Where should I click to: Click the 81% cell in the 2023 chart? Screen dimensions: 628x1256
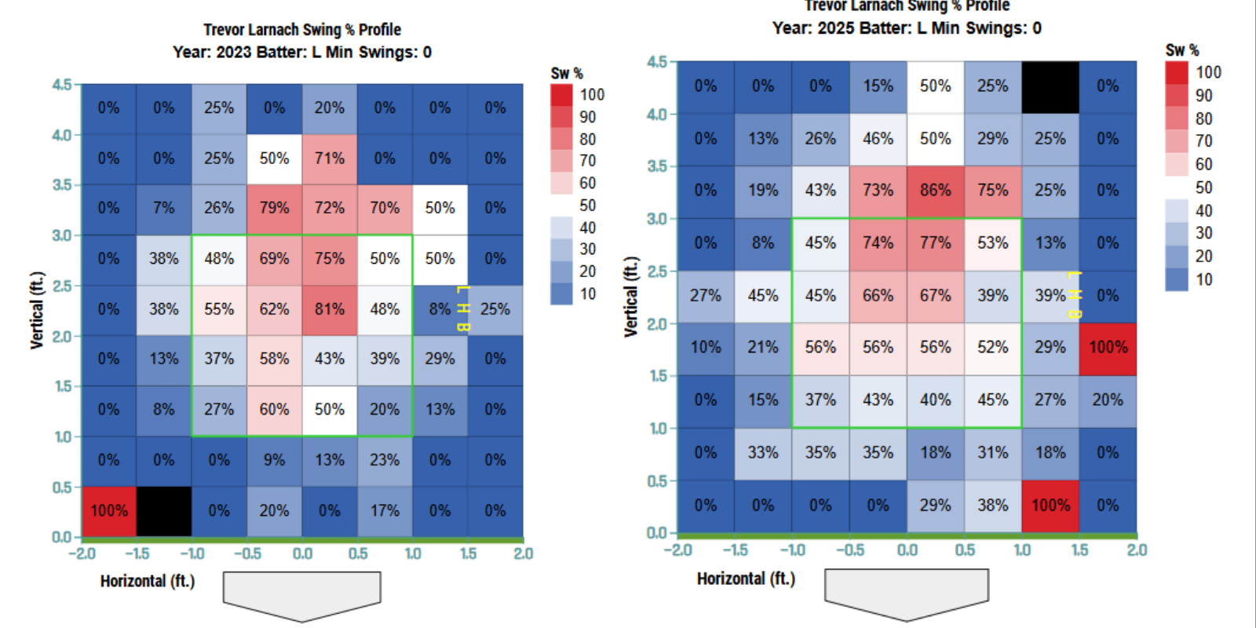point(330,309)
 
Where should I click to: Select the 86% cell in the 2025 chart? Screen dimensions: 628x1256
point(935,191)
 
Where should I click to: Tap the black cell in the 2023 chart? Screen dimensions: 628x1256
point(164,511)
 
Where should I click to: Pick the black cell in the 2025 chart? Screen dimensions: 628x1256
point(1050,86)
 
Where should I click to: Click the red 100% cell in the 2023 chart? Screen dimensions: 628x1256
point(108,511)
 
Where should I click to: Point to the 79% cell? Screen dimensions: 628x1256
point(274,208)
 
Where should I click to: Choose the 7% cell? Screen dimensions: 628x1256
point(164,208)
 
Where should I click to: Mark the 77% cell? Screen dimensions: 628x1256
point(935,243)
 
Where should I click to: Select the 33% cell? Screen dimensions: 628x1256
point(763,453)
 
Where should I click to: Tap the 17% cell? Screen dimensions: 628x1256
point(385,511)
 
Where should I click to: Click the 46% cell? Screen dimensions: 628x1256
point(878,139)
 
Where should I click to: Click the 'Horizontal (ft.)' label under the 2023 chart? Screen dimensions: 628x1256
point(148,582)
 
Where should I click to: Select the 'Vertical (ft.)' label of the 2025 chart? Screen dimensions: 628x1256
point(631,297)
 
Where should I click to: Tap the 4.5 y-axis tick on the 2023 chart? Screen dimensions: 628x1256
point(62,84)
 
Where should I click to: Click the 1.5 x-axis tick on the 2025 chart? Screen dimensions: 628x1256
point(1079,550)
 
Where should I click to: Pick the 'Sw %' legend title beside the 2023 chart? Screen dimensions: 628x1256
point(567,73)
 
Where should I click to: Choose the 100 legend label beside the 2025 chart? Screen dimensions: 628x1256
point(1208,72)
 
